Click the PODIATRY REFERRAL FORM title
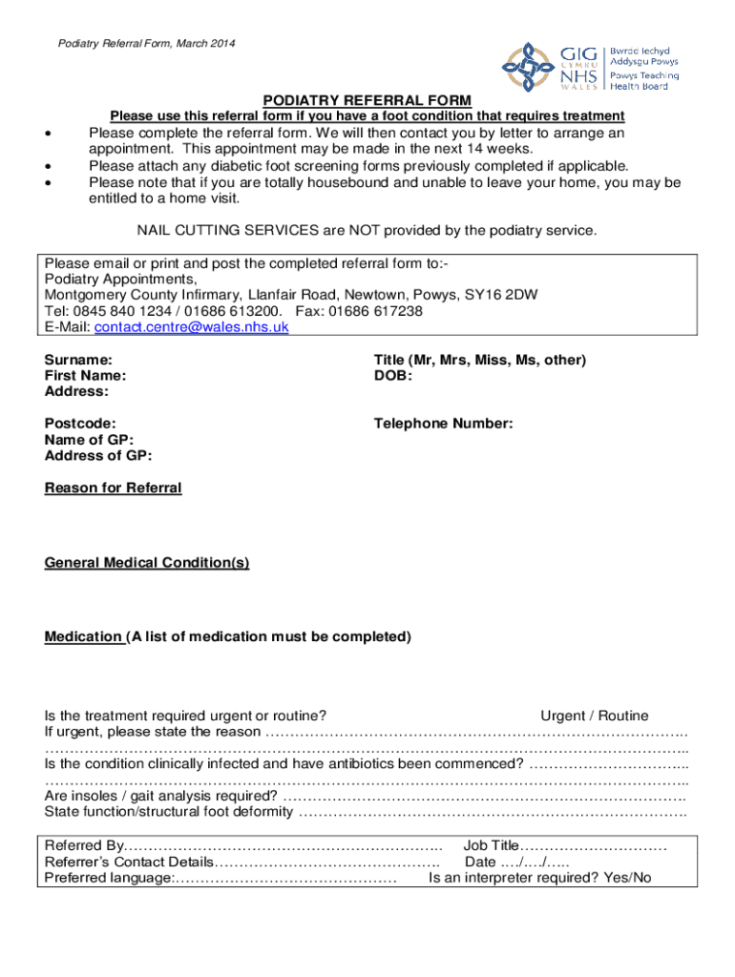point(367,100)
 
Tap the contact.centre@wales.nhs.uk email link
point(190,326)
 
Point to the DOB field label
point(392,376)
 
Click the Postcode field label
point(81,424)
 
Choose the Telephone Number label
point(443,424)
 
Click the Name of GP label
point(89,440)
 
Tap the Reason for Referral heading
point(113,488)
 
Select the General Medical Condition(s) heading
point(147,563)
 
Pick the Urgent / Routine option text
point(594,716)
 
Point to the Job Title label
point(491,845)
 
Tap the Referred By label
point(85,845)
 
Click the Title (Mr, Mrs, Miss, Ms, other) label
point(479,360)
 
